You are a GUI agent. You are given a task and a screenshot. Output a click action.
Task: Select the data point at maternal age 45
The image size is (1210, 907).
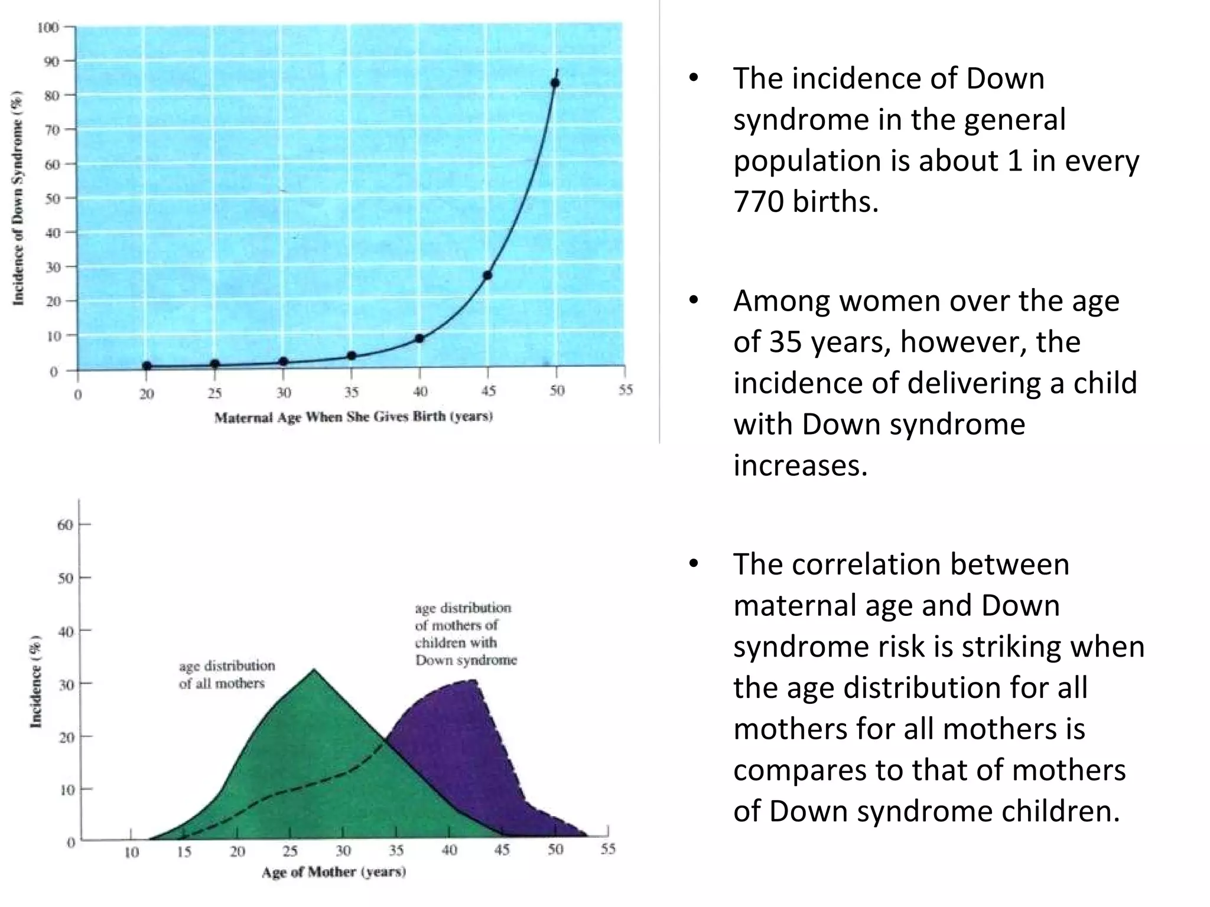pos(487,276)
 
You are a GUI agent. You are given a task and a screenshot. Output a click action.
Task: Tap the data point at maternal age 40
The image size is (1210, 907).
pos(419,338)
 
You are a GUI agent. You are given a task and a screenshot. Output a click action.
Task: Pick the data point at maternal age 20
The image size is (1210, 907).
pos(147,366)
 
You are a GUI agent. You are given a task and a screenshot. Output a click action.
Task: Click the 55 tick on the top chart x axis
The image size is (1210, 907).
pos(625,390)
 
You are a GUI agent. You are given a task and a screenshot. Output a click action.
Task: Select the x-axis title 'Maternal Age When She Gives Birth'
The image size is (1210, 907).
pos(353,417)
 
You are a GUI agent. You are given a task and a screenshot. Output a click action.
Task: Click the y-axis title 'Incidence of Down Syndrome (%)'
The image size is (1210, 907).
pos(19,198)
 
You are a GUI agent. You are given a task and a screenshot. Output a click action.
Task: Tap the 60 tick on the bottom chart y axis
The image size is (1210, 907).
pos(65,524)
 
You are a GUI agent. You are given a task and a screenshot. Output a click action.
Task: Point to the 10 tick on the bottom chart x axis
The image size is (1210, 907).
pos(131,851)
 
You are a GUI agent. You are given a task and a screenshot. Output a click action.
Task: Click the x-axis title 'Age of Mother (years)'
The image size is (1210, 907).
pos(334,872)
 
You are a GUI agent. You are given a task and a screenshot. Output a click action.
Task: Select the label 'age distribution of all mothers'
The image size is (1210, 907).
pos(227,674)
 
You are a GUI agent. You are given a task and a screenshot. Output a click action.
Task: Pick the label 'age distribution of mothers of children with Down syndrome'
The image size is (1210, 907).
pos(464,634)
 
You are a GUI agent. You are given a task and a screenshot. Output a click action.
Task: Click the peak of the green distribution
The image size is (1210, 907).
pos(314,670)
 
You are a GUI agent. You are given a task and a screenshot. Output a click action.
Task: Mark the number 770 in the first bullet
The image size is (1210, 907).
pos(758,202)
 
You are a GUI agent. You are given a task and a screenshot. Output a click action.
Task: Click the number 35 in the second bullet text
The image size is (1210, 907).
pos(785,342)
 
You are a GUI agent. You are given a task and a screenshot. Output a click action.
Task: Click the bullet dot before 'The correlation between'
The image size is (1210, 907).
pos(694,565)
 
